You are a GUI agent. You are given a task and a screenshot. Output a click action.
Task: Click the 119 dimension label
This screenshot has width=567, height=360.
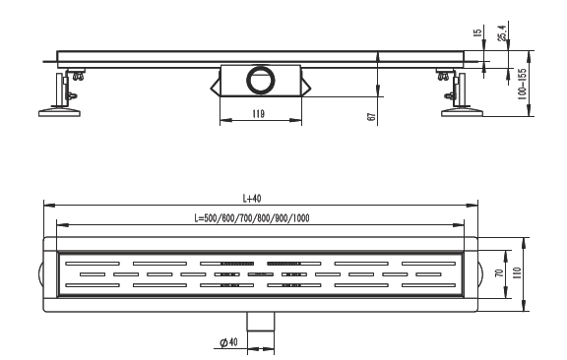click(258, 114)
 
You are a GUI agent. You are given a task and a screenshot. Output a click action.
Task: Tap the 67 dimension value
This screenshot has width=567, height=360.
click(372, 117)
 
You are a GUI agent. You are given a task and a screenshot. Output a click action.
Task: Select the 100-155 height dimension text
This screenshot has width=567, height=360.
click(522, 85)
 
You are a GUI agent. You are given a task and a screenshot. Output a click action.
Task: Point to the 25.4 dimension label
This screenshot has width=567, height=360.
click(503, 32)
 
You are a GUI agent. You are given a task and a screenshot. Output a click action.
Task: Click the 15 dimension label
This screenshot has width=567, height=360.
click(477, 32)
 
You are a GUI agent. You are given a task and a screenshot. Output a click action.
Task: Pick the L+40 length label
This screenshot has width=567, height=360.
click(252, 199)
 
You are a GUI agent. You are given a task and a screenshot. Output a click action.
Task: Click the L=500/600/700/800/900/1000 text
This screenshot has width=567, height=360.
click(252, 218)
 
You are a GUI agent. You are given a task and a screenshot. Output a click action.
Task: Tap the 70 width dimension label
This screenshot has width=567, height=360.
click(499, 272)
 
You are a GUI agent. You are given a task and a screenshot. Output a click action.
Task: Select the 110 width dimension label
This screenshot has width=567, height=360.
click(517, 272)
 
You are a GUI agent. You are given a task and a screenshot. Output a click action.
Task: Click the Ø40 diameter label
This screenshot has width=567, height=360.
click(229, 342)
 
